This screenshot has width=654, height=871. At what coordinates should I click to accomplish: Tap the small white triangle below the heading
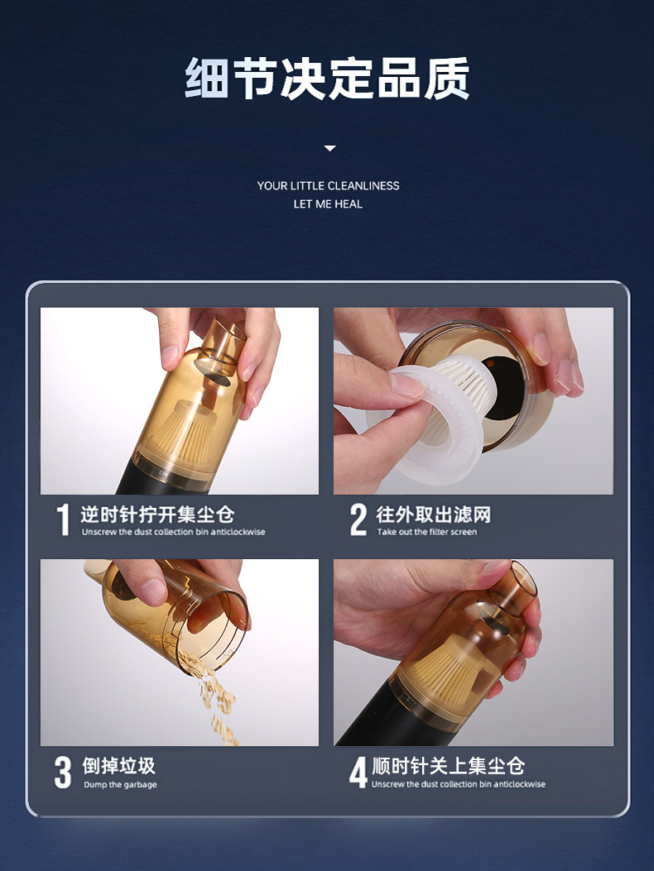point(330,148)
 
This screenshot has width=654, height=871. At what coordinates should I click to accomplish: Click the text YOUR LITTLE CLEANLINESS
point(328,186)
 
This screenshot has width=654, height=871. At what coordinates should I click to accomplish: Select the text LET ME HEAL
point(328,204)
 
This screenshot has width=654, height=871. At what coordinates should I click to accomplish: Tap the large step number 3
point(63,772)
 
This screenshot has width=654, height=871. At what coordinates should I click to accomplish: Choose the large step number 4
point(358,772)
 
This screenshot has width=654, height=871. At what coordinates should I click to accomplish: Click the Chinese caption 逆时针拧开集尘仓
point(157,514)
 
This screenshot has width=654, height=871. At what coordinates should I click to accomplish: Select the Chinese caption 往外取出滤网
point(433,514)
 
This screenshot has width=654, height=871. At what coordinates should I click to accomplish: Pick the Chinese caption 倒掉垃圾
point(118,766)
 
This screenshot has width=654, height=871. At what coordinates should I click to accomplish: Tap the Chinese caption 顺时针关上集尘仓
point(448,766)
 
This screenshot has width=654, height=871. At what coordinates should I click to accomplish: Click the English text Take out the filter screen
point(427,533)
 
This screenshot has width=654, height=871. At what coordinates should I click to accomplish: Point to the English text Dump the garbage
point(120,785)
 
